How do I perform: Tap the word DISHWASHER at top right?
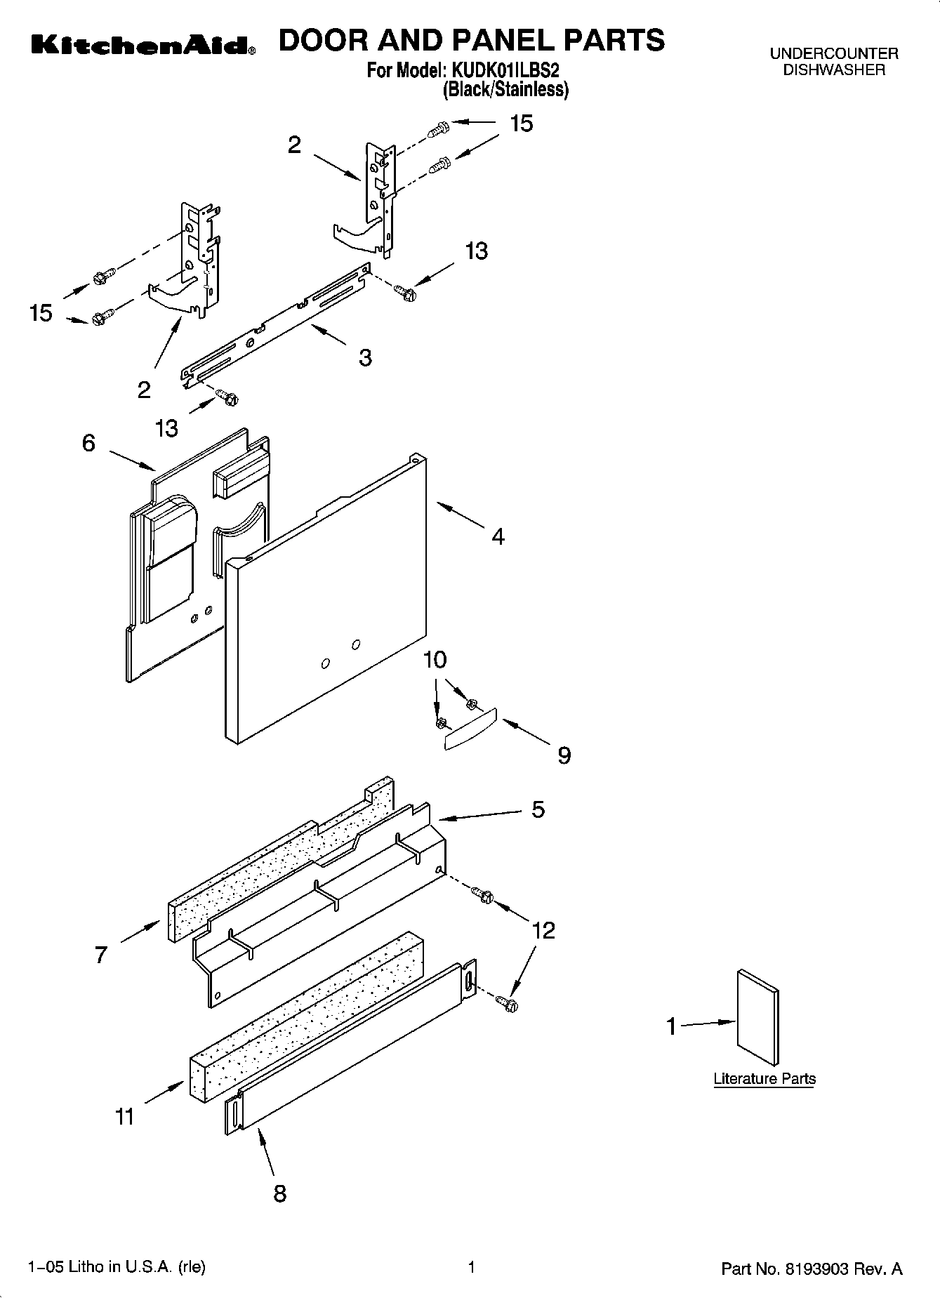(833, 69)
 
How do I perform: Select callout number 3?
(365, 357)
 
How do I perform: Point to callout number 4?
(498, 537)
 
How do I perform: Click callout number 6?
(88, 443)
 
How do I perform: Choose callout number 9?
(564, 755)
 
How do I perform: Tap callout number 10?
(435, 660)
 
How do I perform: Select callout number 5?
(538, 809)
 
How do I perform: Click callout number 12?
(544, 930)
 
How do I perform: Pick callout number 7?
(101, 955)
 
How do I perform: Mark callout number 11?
(124, 1116)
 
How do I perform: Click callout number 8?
(279, 1193)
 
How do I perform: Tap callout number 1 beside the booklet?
(671, 1027)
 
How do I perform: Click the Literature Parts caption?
(764, 1079)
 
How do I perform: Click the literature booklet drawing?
(757, 1018)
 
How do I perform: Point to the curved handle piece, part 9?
(471, 731)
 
